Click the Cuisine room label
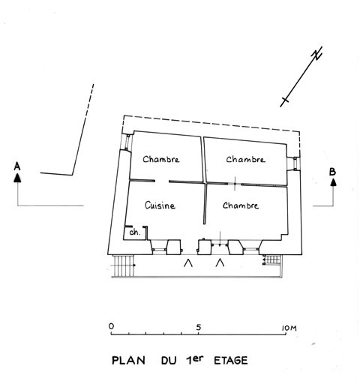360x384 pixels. [x=160, y=205]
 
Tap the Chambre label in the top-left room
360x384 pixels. [x=161, y=159]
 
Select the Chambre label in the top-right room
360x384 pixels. [x=245, y=160]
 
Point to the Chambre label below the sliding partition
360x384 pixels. [x=241, y=205]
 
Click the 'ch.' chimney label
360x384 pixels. [x=135, y=232]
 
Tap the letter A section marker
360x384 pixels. [x=17, y=166]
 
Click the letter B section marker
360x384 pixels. [x=332, y=172]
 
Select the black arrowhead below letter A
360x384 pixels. [x=17, y=178]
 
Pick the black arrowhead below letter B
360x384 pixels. [x=333, y=181]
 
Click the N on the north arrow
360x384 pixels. [x=316, y=53]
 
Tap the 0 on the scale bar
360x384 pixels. [x=111, y=326]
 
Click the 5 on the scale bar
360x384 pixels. [x=199, y=327]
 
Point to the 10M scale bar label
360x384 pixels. [x=289, y=328]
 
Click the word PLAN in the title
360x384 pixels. [x=128, y=361]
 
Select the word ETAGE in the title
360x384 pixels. [x=231, y=360]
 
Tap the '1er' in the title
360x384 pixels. [x=194, y=359]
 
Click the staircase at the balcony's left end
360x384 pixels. [x=123, y=265]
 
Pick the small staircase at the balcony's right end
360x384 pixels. [x=271, y=260]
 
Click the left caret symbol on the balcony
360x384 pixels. [x=188, y=262]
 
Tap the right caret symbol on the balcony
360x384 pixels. [x=220, y=262]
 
